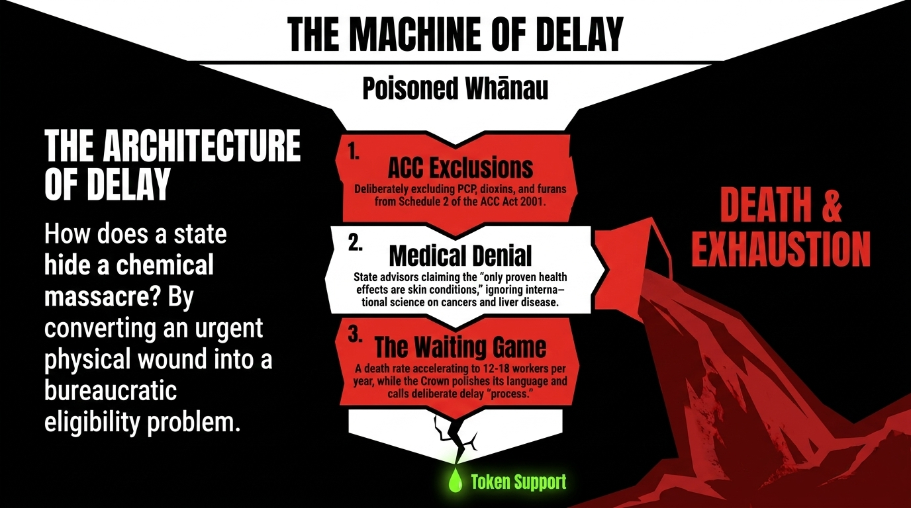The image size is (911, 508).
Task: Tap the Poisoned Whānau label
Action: tap(455, 89)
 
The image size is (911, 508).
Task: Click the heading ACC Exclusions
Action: tap(460, 167)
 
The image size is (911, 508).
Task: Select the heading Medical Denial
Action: tap(460, 255)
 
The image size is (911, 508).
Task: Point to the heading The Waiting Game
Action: tap(460, 347)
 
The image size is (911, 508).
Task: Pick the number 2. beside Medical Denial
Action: tap(356, 242)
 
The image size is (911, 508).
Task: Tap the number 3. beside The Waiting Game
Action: tap(356, 334)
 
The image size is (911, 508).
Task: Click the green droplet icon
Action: tap(455, 481)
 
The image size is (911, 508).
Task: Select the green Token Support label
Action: tap(518, 482)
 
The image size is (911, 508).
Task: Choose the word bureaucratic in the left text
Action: tap(111, 391)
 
